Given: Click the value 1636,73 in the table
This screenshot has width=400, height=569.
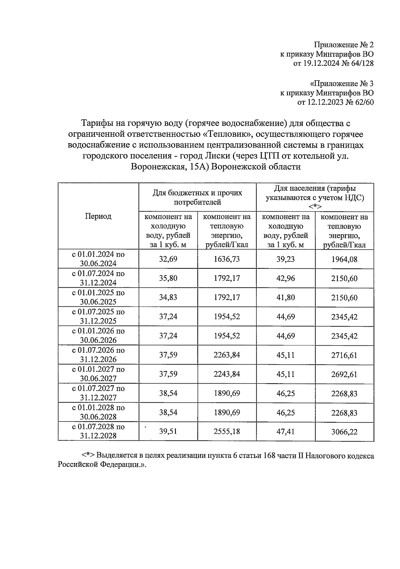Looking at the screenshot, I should pos(227,259).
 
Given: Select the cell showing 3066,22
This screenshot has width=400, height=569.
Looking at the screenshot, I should pos(344,432).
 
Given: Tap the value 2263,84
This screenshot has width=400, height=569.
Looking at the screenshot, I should pos(227,355).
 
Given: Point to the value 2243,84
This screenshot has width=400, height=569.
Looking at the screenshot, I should pos(227,374).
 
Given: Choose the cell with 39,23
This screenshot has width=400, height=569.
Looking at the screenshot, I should pos(285,259).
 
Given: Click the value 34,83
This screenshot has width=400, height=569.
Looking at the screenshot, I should pos(168,297).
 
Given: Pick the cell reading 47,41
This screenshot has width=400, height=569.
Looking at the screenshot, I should pos(285,432).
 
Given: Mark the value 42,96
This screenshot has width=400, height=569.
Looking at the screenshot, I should pos(285,278).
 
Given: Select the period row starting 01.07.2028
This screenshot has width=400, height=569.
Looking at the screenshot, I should pos(98,431).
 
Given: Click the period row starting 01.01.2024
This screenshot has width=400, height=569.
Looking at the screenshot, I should pos(98,259).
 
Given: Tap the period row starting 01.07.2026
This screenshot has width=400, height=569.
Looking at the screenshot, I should pos(98,355).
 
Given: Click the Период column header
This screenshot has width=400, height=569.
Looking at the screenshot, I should pos(98,216).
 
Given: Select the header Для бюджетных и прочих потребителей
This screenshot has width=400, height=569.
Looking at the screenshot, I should pos(197,197).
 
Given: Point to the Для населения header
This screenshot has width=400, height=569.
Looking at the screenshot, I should pos(315,197).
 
